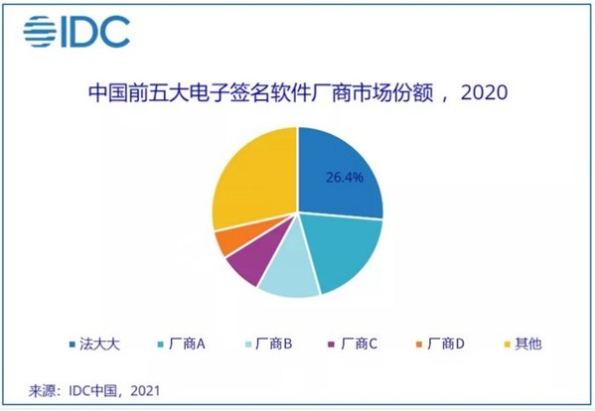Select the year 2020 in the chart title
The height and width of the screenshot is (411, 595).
coord(484,94)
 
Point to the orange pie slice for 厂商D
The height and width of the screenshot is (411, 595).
coord(227,241)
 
